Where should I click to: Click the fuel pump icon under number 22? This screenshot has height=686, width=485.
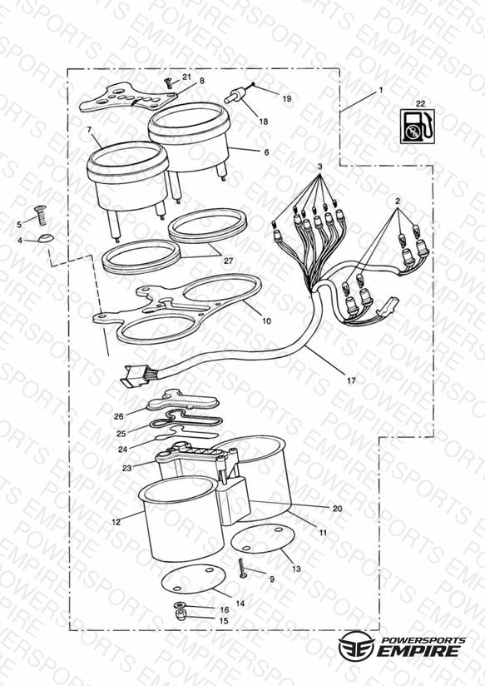pos(418,127)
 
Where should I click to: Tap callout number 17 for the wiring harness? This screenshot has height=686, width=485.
pos(351,380)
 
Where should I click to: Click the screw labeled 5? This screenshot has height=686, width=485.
pos(41,216)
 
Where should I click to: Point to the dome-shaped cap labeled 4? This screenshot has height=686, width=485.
pos(44,239)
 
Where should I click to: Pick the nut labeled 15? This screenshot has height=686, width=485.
pos(180,615)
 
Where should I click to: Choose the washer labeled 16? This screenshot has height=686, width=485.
pos(180,605)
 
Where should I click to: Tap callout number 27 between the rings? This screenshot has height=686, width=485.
pos(228,261)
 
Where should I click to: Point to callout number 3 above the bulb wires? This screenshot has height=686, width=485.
pos(320,167)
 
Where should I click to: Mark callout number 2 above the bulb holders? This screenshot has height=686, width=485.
pos(398,201)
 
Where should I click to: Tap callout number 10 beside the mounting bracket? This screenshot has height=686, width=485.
pos(266,321)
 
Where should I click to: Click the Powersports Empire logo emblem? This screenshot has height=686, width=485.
pos(357,645)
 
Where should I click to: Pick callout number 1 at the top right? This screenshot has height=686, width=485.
pos(381,90)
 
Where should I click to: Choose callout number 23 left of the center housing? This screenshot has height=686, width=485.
pos(126,468)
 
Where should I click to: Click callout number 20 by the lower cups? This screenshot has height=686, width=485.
pos(337,509)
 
